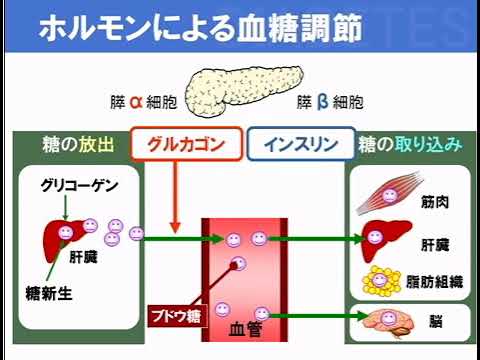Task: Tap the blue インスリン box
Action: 300,143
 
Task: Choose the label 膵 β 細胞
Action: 329,102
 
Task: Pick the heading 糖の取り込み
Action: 410,143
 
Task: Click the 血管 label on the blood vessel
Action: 246,327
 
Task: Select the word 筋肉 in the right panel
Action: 433,202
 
